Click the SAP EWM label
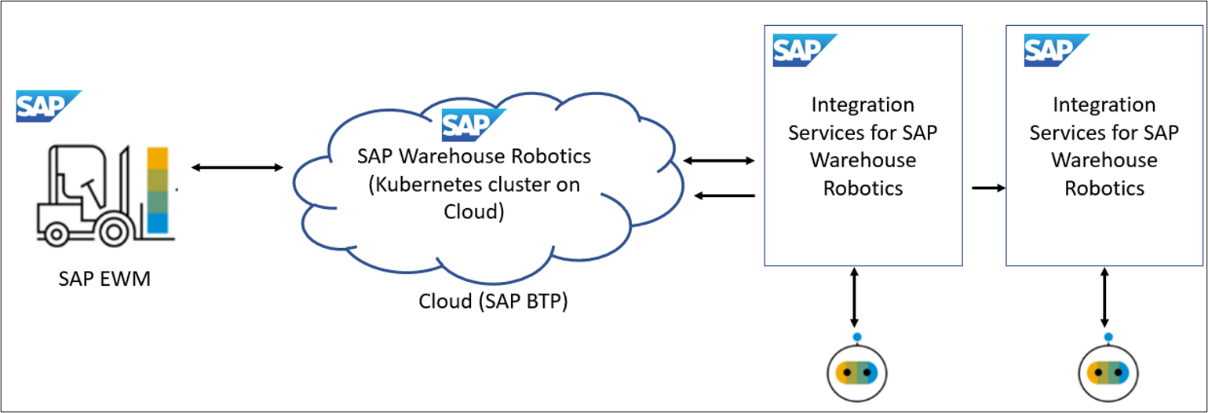(x=104, y=280)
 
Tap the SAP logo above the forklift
(x=49, y=107)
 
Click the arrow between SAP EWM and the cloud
(x=237, y=167)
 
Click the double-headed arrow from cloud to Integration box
(x=718, y=161)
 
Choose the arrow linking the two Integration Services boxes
(x=988, y=188)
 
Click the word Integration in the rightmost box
(x=1104, y=105)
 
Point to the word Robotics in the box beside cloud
(x=863, y=188)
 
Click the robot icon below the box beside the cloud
(x=857, y=372)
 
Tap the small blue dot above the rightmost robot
(x=1108, y=338)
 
